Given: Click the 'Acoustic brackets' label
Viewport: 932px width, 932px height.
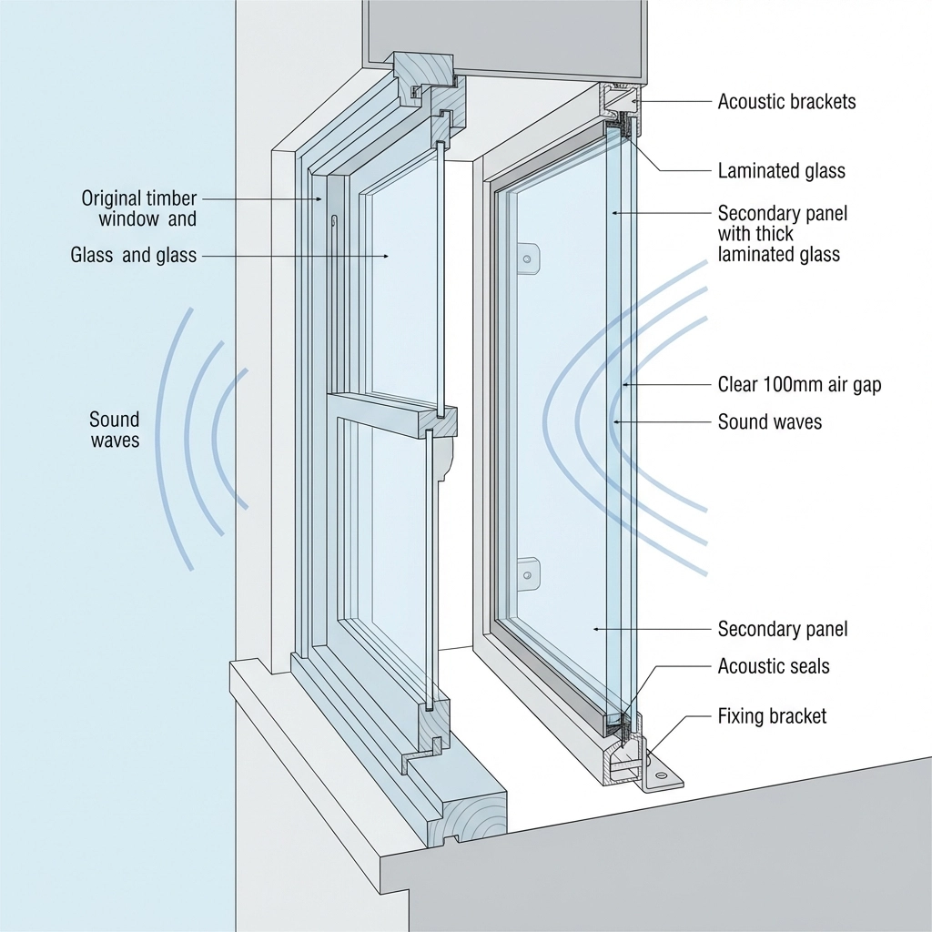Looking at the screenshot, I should [786, 101].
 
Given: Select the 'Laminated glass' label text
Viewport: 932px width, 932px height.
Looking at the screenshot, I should [781, 170].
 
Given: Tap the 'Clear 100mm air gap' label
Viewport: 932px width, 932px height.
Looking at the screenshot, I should [799, 385].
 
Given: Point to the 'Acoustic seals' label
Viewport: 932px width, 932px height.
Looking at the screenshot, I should [774, 666].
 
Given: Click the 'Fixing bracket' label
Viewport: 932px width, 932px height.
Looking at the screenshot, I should [772, 716].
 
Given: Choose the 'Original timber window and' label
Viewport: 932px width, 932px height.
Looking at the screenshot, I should [138, 208].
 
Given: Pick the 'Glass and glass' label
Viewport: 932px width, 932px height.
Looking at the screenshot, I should [133, 256].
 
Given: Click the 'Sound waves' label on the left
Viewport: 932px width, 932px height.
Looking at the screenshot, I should [114, 430].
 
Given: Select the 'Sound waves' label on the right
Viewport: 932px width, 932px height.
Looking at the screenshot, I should [769, 421].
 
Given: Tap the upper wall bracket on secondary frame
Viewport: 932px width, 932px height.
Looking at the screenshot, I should [527, 258].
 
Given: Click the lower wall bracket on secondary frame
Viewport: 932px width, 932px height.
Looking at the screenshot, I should [527, 573].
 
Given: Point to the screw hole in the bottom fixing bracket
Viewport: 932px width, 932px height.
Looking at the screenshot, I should [661, 776].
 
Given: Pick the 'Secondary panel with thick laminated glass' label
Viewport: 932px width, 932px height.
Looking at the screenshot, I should [782, 233].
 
